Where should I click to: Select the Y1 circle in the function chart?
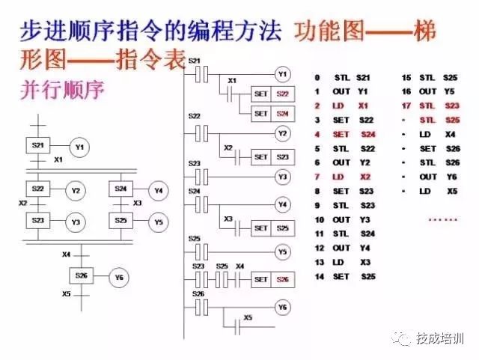coord(79,148)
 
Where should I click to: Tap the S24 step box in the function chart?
coord(120,190)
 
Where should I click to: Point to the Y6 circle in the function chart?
coord(119,278)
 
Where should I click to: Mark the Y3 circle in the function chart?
coord(75,222)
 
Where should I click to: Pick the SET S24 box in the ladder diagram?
coord(270,114)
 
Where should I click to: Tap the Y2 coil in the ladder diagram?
coord(282,133)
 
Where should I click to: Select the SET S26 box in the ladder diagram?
coord(270,279)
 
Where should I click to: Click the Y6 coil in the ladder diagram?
coord(282,308)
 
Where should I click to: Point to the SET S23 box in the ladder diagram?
coord(270,157)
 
